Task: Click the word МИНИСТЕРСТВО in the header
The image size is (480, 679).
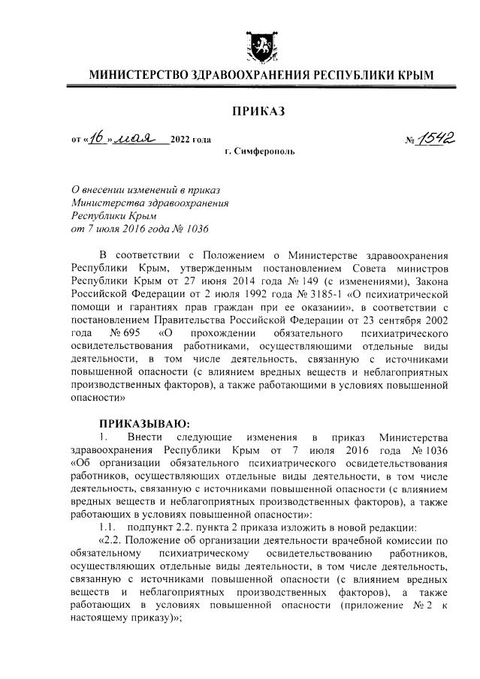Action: pos(139,75)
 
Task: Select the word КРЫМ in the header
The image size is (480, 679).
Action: pos(414,75)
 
